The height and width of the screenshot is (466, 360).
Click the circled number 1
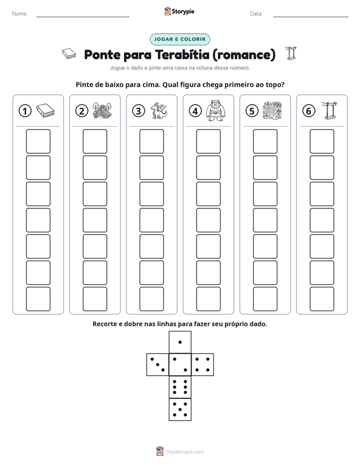point(25,111)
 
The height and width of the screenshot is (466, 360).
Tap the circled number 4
point(195,111)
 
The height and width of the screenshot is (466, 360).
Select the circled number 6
point(309,111)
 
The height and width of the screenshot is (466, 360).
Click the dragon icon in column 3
point(159,110)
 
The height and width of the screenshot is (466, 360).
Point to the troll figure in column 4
point(215,110)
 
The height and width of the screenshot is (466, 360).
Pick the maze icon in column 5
point(272,110)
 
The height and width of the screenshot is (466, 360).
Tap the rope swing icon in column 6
point(329,110)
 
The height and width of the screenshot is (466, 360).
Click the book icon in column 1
point(45,110)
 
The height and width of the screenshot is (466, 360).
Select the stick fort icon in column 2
point(102,110)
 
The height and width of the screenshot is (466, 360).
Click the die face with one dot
point(180,342)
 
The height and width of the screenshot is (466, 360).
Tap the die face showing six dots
point(180,387)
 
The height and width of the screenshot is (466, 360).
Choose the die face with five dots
point(180,410)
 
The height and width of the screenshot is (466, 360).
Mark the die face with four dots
point(203,365)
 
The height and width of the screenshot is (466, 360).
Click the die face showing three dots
point(157,365)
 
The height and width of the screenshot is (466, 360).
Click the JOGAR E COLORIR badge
point(180,39)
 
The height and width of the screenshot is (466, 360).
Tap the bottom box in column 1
point(38,299)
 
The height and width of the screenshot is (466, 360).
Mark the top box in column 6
point(322,141)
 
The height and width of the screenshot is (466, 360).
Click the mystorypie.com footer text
point(185,452)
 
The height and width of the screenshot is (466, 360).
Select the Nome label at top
point(20,14)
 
